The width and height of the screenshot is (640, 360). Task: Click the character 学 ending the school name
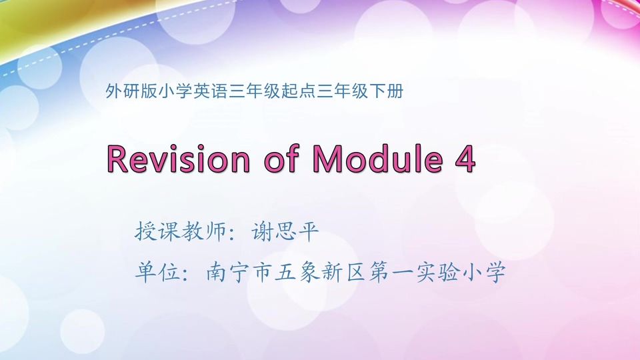(x=494, y=273)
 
